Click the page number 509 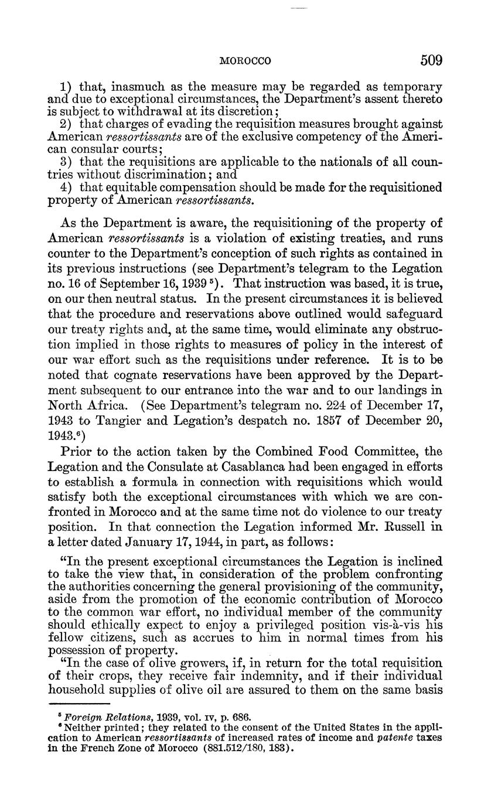(x=431, y=60)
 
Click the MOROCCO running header (x=245, y=61)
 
